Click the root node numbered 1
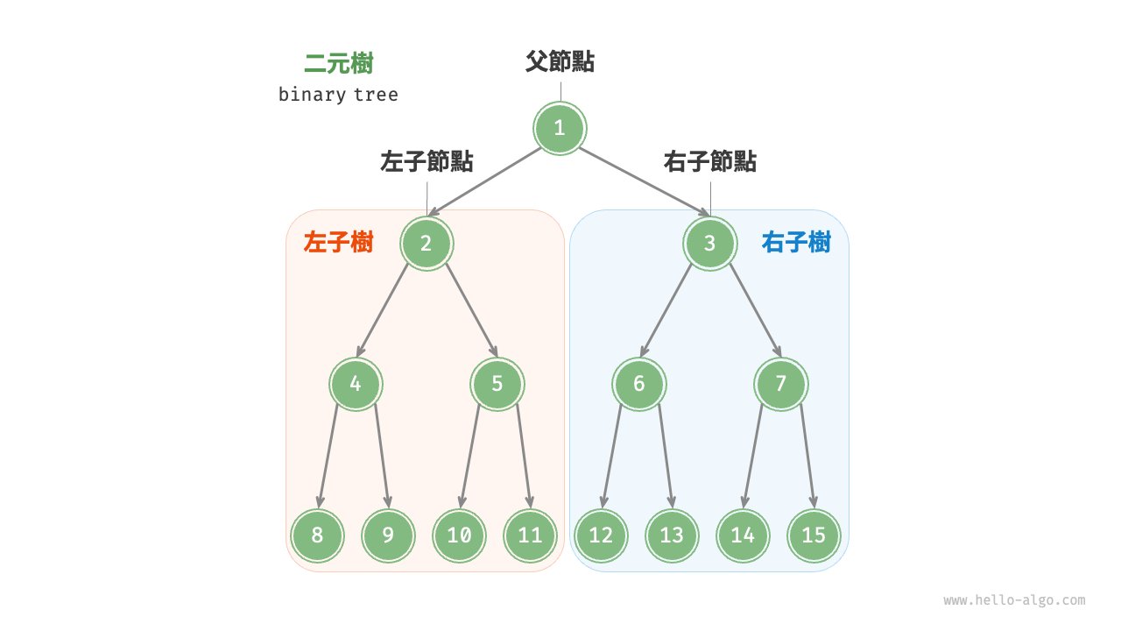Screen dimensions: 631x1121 click(x=560, y=129)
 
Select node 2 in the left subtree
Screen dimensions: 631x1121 click(x=427, y=243)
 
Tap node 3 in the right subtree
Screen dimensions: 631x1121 click(x=709, y=243)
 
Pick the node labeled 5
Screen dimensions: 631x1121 click(x=497, y=384)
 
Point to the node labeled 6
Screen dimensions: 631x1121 click(x=639, y=384)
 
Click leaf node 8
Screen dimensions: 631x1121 click(x=318, y=535)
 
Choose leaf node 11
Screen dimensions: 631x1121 click(x=530, y=535)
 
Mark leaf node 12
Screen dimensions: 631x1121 click(x=601, y=535)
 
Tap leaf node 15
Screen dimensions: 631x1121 click(x=814, y=535)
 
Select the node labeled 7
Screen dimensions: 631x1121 click(x=781, y=384)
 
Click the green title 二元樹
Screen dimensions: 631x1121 click(x=339, y=64)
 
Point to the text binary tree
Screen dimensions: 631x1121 click(x=338, y=95)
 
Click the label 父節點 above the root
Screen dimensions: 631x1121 click(x=560, y=61)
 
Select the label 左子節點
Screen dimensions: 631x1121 click(x=427, y=162)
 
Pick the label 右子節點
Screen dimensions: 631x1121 click(x=709, y=162)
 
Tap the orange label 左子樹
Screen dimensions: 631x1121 click(x=338, y=243)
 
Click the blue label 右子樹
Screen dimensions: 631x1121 click(x=796, y=243)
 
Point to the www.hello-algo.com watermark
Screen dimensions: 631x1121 click(x=1014, y=600)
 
